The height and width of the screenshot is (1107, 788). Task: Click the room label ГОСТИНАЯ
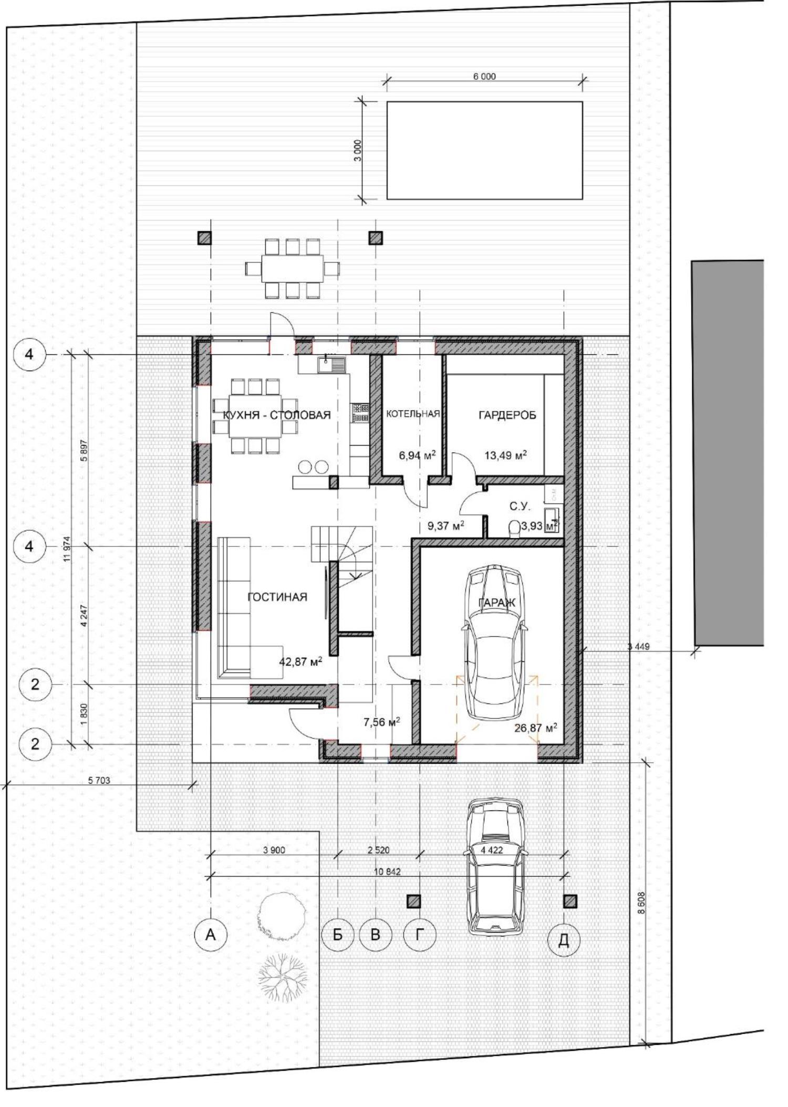pos(277,597)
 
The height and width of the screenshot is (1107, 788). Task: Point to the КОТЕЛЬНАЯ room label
pos(413,414)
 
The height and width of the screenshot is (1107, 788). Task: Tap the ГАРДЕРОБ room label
pos(507,415)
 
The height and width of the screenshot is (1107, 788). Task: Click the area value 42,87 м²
pos(300,661)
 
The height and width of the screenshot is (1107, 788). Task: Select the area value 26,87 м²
pos(536,728)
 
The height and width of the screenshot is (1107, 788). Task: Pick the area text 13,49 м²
pos(506,455)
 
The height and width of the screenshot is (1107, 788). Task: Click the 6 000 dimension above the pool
pos(484,77)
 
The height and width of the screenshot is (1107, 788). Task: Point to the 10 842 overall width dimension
pos(387,871)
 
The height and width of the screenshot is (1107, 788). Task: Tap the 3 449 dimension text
pos(638,647)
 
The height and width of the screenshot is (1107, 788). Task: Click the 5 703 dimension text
pos(99,781)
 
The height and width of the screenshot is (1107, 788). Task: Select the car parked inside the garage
pos(495,644)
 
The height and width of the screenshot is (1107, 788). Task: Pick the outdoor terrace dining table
pos(293,268)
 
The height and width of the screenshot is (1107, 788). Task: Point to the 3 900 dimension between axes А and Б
pos(274,850)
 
